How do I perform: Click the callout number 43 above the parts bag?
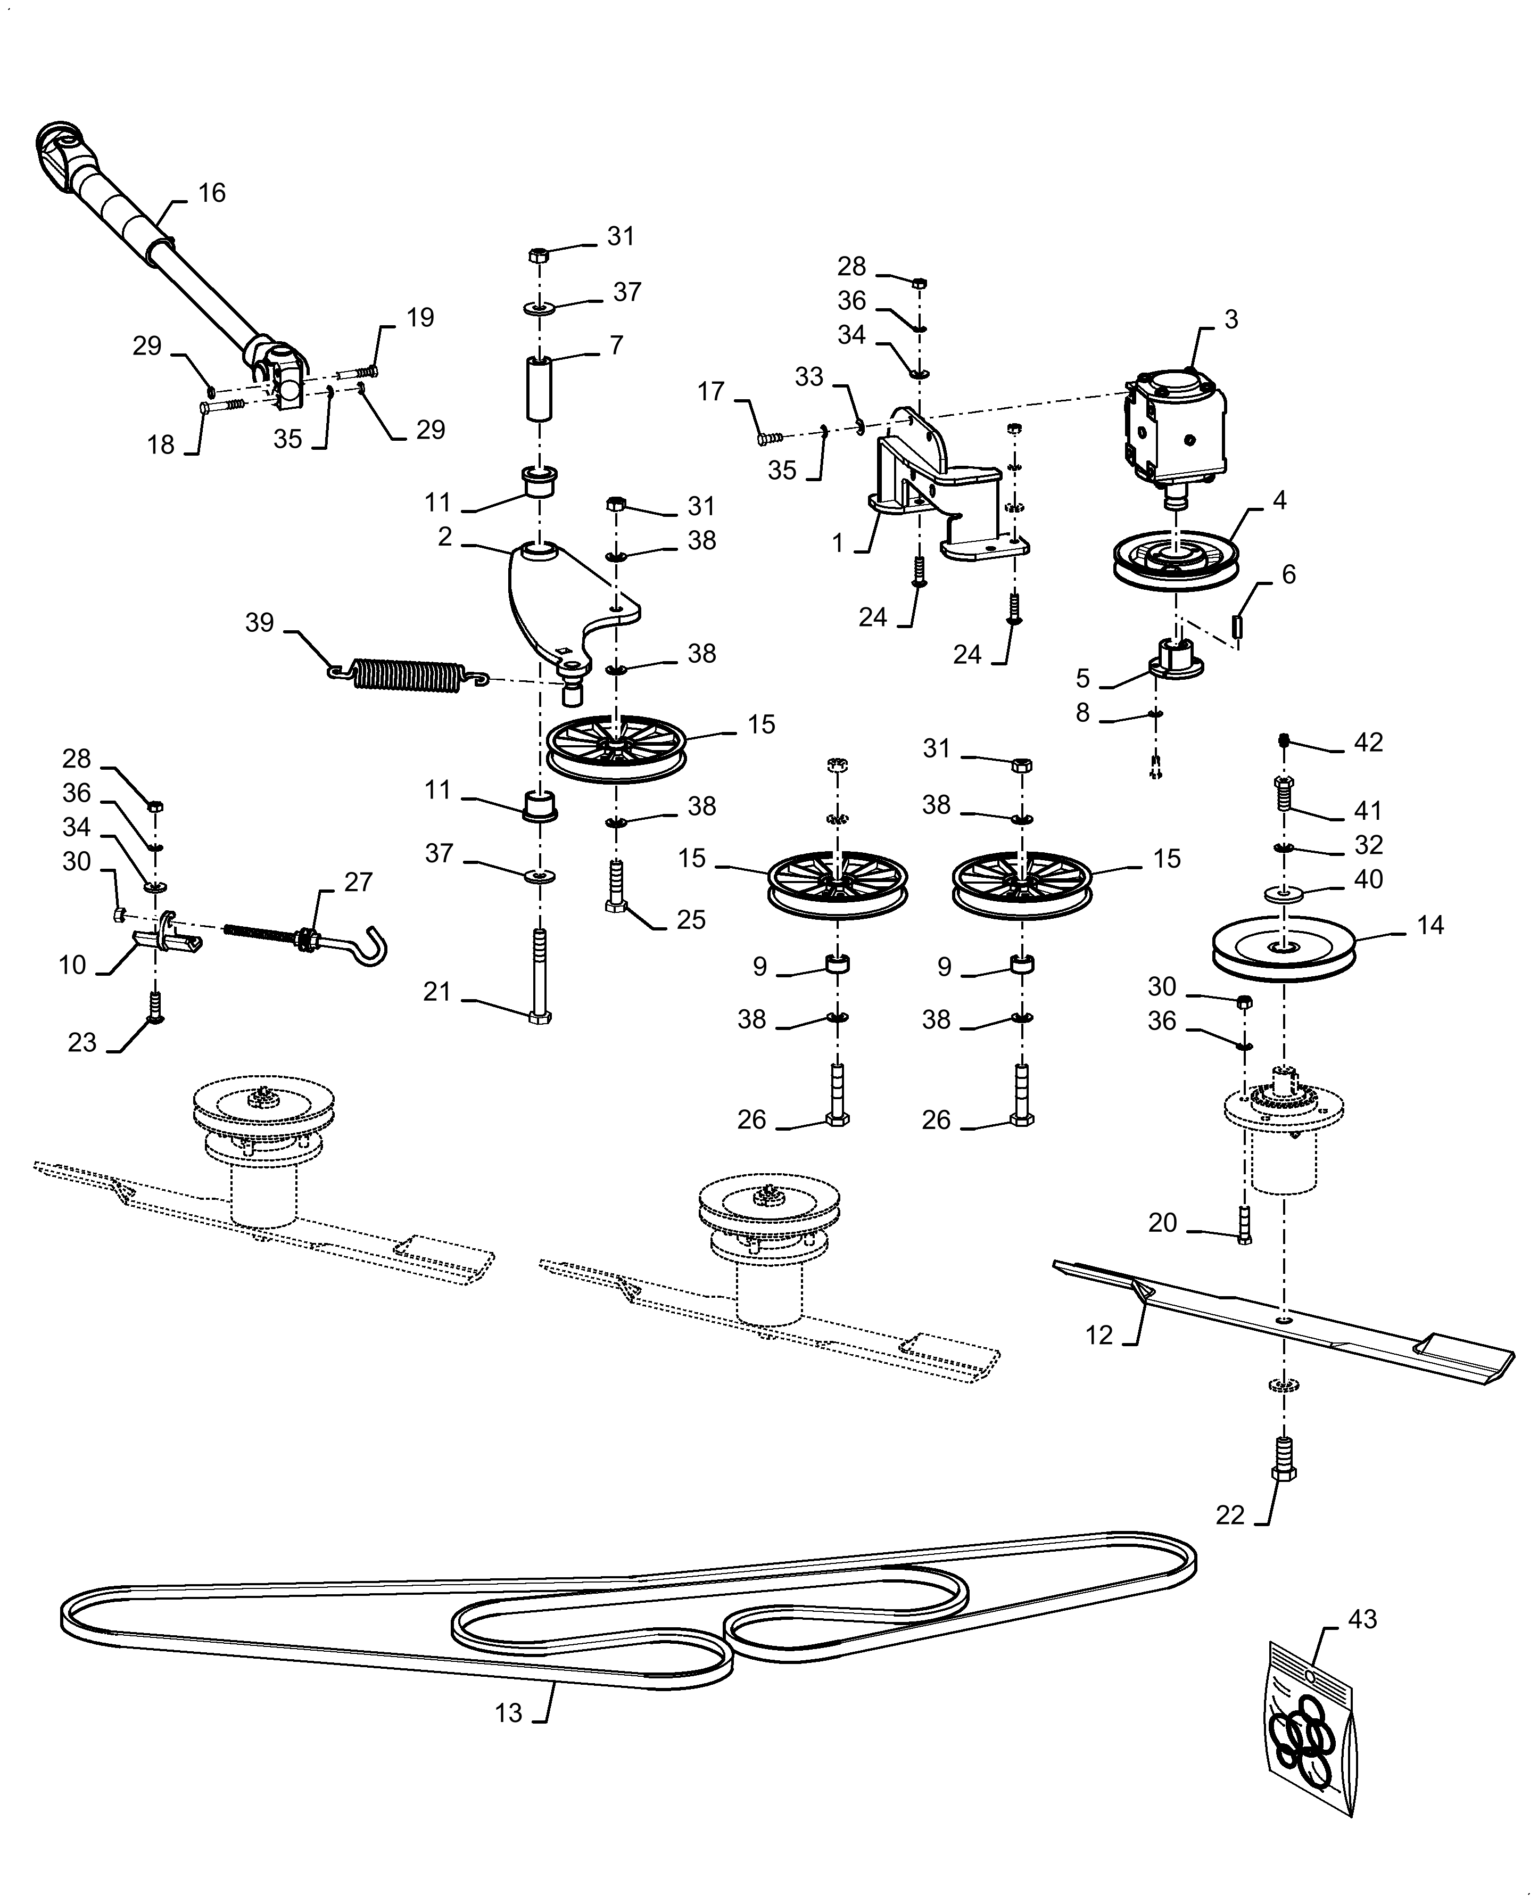[1362, 1619]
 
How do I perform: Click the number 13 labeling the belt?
[508, 1713]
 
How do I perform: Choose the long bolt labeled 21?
[540, 975]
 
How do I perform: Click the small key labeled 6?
[1238, 625]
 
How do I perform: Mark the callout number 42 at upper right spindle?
[1368, 743]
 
